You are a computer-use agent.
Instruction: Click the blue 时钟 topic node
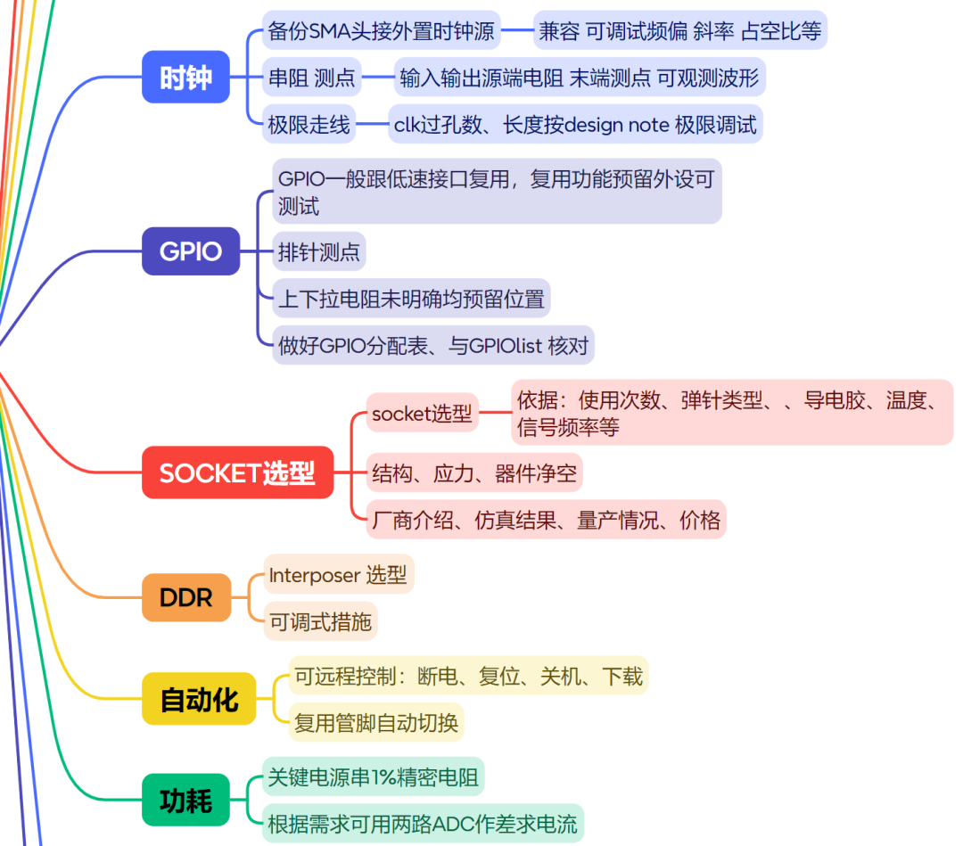click(185, 77)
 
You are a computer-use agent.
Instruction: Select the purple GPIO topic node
click(191, 251)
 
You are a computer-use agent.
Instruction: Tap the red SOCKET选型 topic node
click(237, 472)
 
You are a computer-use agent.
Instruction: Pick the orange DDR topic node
click(185, 597)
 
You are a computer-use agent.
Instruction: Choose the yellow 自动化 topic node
click(199, 700)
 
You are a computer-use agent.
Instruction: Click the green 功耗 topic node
click(185, 801)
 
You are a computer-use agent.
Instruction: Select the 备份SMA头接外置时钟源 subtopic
click(381, 31)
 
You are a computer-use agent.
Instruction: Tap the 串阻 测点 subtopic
click(311, 78)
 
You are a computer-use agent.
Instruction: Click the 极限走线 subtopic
click(309, 125)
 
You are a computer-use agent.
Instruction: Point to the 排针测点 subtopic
click(318, 252)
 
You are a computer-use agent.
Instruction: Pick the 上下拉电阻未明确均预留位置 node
click(411, 299)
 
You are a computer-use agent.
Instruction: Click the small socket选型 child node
click(422, 414)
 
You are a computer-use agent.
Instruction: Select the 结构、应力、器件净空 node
click(473, 472)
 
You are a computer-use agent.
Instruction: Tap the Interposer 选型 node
click(339, 575)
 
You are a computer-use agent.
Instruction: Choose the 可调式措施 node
click(320, 621)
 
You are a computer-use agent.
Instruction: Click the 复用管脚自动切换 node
click(376, 721)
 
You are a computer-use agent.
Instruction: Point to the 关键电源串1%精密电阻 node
click(373, 777)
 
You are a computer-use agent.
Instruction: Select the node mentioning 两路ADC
click(422, 824)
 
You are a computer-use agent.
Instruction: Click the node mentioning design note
click(575, 125)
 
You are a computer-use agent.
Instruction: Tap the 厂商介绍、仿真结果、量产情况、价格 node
click(546, 520)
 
